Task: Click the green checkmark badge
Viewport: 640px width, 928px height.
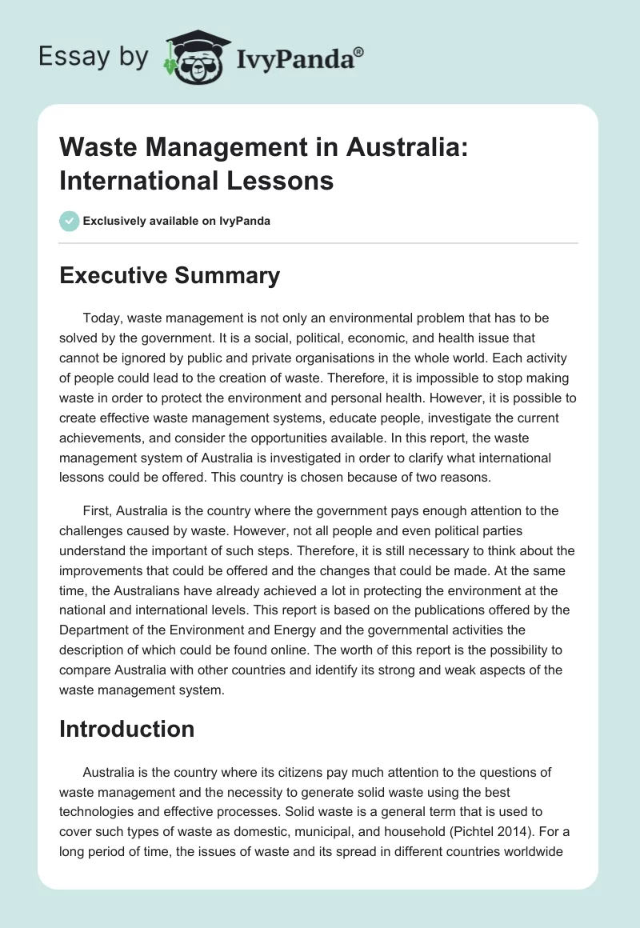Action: pyautogui.click(x=70, y=221)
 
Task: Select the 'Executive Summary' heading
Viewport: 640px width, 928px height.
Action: pyautogui.click(x=170, y=276)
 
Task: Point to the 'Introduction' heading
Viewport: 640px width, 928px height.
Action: pyautogui.click(x=126, y=729)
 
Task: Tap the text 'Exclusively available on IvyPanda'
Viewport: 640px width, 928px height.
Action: pyautogui.click(x=177, y=221)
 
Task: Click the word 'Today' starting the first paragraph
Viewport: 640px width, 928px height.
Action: pyautogui.click(x=101, y=318)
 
